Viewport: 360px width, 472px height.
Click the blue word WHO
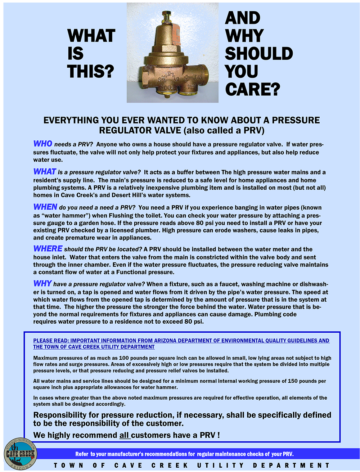[42, 144]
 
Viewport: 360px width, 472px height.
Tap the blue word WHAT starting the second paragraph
[45, 172]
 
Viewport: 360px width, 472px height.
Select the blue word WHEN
[45, 207]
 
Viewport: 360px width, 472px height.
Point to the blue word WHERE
[48, 249]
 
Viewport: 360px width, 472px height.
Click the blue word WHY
[42, 284]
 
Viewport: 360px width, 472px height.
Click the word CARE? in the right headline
[252, 89]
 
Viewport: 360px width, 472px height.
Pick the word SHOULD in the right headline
[258, 54]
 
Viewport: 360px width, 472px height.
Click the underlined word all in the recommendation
[125, 435]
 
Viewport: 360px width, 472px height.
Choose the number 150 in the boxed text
[293, 381]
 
